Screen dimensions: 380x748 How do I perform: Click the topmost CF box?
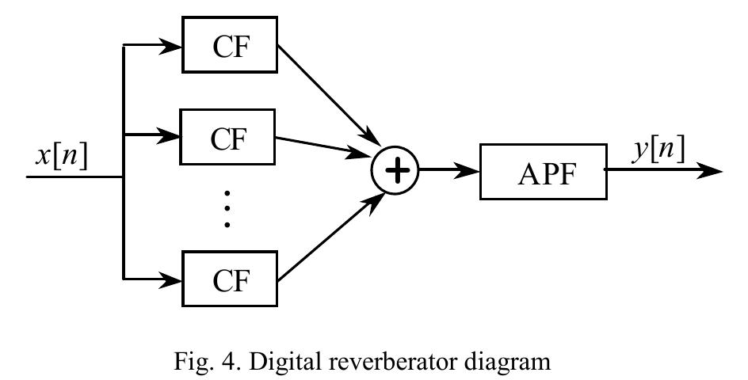[229, 45]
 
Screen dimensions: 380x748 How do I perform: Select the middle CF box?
[229, 138]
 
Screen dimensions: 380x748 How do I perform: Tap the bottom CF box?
[229, 278]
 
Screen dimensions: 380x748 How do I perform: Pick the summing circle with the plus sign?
[395, 170]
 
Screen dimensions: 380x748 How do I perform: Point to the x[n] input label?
[61, 155]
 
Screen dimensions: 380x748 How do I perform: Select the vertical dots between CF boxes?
[227, 209]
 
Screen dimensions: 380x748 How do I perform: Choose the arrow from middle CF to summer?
[325, 146]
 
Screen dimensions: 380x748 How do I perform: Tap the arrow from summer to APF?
[448, 170]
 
